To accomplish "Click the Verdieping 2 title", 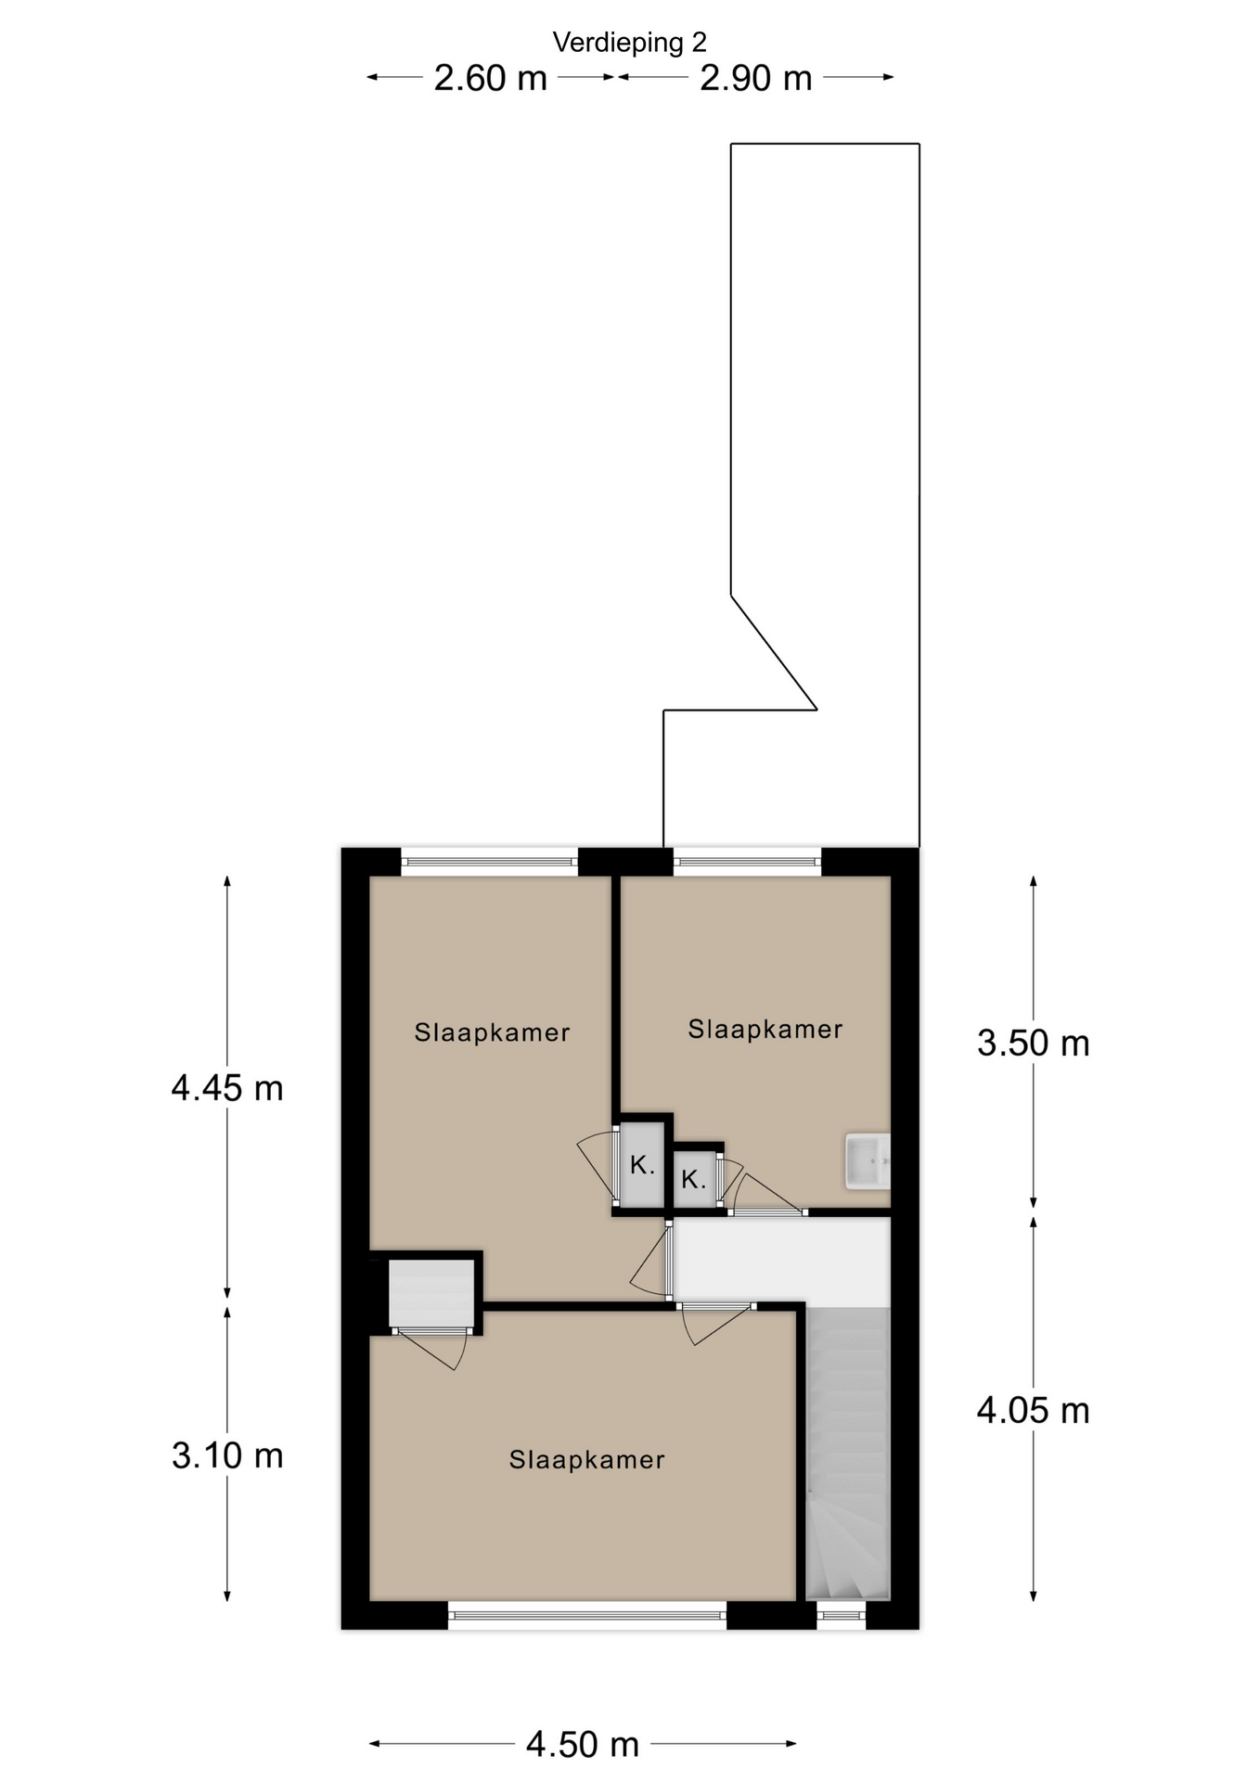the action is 629,42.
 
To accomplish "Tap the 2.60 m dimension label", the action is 490,78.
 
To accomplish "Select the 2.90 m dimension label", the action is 755,78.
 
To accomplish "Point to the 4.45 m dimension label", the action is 227,1087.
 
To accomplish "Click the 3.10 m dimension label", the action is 227,1455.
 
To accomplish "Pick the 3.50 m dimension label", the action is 1033,1044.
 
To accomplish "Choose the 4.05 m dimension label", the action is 1033,1411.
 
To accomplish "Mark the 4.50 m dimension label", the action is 583,1745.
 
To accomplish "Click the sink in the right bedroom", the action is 868,1160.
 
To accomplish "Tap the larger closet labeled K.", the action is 642,1165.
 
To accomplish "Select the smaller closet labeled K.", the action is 694,1179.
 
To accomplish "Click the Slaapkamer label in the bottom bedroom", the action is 587,1460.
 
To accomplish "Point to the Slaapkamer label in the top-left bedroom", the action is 492,1032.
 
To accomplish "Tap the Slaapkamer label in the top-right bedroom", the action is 765,1029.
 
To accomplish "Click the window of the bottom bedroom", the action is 587,1615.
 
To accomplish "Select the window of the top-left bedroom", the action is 490,862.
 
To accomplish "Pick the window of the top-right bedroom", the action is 747,862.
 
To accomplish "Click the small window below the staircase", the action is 842,1615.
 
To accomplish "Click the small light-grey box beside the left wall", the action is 431,1294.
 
